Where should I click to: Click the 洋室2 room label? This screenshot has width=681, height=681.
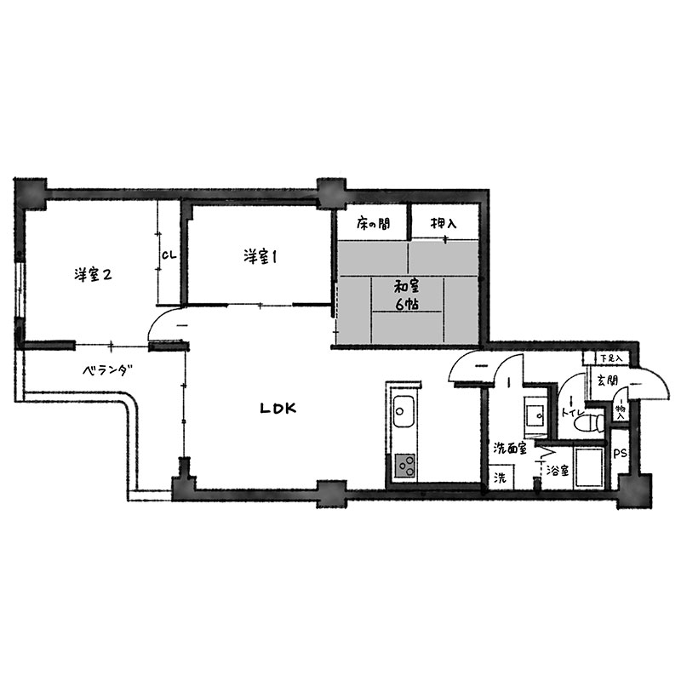point(93,274)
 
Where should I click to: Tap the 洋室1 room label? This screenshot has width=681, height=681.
point(260,256)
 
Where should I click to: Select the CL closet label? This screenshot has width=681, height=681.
point(169,255)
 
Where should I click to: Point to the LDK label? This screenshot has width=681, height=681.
point(278,409)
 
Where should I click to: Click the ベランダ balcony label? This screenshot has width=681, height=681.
point(107,370)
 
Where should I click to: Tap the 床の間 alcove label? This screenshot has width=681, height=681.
point(373,223)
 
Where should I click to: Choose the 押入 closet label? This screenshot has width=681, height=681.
point(444,223)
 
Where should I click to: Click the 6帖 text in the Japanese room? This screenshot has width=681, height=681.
point(407,304)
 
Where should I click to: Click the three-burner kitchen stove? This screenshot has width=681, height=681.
point(405,466)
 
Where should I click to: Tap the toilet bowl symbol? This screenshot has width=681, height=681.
point(587,422)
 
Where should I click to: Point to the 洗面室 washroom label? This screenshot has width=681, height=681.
point(510,449)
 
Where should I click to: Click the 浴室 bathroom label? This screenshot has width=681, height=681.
point(558,470)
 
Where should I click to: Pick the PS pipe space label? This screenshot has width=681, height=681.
point(620,454)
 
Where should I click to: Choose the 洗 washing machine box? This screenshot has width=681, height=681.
point(501,477)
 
